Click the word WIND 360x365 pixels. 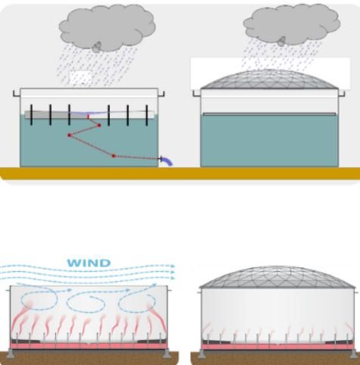tap(88, 263)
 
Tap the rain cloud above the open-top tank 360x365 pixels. tap(107, 27)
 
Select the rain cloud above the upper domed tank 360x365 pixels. tap(292, 24)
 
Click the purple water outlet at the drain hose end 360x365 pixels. tap(167, 161)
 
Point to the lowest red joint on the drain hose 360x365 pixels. tap(113, 156)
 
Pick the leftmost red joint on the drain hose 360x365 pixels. tap(70, 136)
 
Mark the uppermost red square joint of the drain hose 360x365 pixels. tap(99, 125)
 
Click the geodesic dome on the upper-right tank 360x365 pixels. tap(269, 80)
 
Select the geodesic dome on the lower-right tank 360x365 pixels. tap(278, 277)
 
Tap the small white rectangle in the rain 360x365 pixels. tap(80, 77)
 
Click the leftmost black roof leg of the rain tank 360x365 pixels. tap(31, 115)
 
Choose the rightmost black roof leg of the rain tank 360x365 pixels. tap(147, 115)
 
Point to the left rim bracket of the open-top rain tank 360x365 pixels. tap(17, 94)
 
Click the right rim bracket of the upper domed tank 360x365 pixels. tap(342, 94)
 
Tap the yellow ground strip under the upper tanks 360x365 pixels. tap(180, 173)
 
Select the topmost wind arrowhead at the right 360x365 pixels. tap(172, 266)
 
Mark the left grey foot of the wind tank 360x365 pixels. tap(10, 354)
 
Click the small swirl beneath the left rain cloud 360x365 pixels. tap(97, 47)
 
